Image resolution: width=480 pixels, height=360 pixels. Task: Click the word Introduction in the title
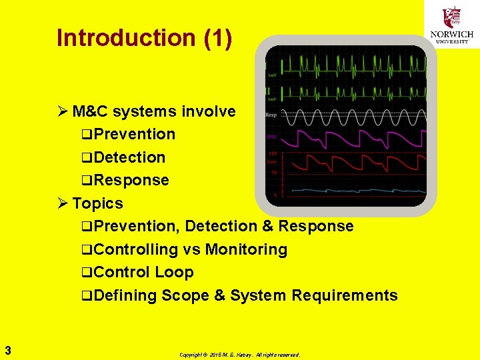127,38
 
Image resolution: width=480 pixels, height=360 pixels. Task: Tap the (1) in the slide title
218,38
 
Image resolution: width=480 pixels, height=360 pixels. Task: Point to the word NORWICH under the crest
453,35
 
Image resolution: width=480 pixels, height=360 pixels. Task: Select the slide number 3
7,349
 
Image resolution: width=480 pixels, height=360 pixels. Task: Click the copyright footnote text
239,355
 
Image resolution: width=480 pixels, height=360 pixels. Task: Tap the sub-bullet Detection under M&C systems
129,157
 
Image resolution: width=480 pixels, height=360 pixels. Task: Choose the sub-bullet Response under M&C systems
131,180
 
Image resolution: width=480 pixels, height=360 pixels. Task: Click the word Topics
97,203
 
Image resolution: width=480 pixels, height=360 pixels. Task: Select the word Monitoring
246,249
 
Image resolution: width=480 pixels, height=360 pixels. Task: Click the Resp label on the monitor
271,115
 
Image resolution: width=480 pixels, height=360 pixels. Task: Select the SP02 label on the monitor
271,137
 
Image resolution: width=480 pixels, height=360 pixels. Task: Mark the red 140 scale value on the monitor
272,154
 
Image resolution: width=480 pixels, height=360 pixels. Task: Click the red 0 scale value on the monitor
275,195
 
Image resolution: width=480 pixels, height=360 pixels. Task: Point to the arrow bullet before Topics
63,203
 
